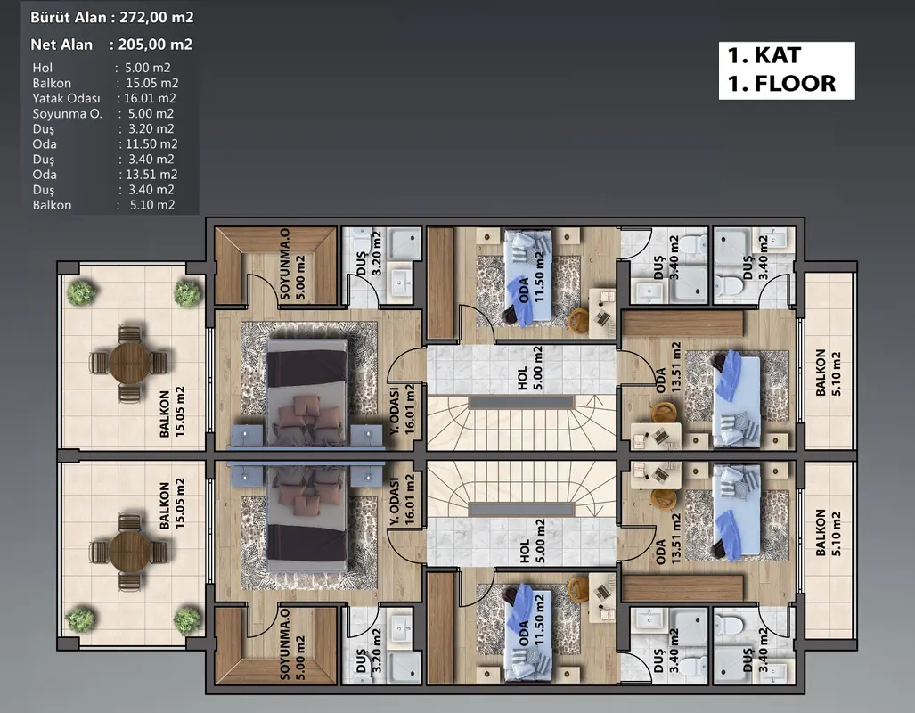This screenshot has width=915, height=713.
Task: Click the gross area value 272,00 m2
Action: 157,18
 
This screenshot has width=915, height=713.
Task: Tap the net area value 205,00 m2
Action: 155,45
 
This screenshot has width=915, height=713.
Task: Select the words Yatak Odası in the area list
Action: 66,98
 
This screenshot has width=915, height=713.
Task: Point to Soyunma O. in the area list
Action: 67,113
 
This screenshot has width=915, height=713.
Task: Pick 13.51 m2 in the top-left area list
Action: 151,174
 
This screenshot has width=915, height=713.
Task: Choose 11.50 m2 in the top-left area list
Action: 151,143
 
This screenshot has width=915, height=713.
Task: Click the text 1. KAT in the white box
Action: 764,55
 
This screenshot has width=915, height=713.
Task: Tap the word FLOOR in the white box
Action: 795,84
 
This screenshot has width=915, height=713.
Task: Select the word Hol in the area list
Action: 42,68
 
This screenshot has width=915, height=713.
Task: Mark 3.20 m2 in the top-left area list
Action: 151,128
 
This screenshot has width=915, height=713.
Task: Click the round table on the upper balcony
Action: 129,363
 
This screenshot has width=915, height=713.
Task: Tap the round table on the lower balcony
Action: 129,552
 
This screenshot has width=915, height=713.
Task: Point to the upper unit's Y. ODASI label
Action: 395,409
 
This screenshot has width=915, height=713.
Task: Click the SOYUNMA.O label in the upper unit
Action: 285,263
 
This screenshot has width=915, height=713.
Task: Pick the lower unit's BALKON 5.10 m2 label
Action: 828,533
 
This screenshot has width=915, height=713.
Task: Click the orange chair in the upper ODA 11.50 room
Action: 579,319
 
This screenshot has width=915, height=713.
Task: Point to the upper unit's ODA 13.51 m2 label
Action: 668,368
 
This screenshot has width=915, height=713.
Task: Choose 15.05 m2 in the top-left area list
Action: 152,83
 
